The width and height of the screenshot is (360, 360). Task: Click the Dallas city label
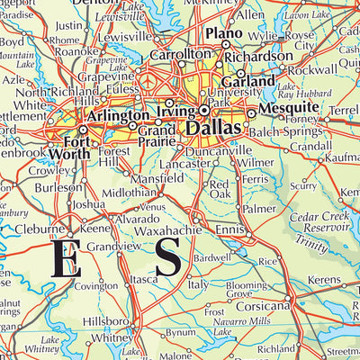[x=214, y=130]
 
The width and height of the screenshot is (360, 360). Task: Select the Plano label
[x=224, y=33]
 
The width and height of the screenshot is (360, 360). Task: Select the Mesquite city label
[x=282, y=108]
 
